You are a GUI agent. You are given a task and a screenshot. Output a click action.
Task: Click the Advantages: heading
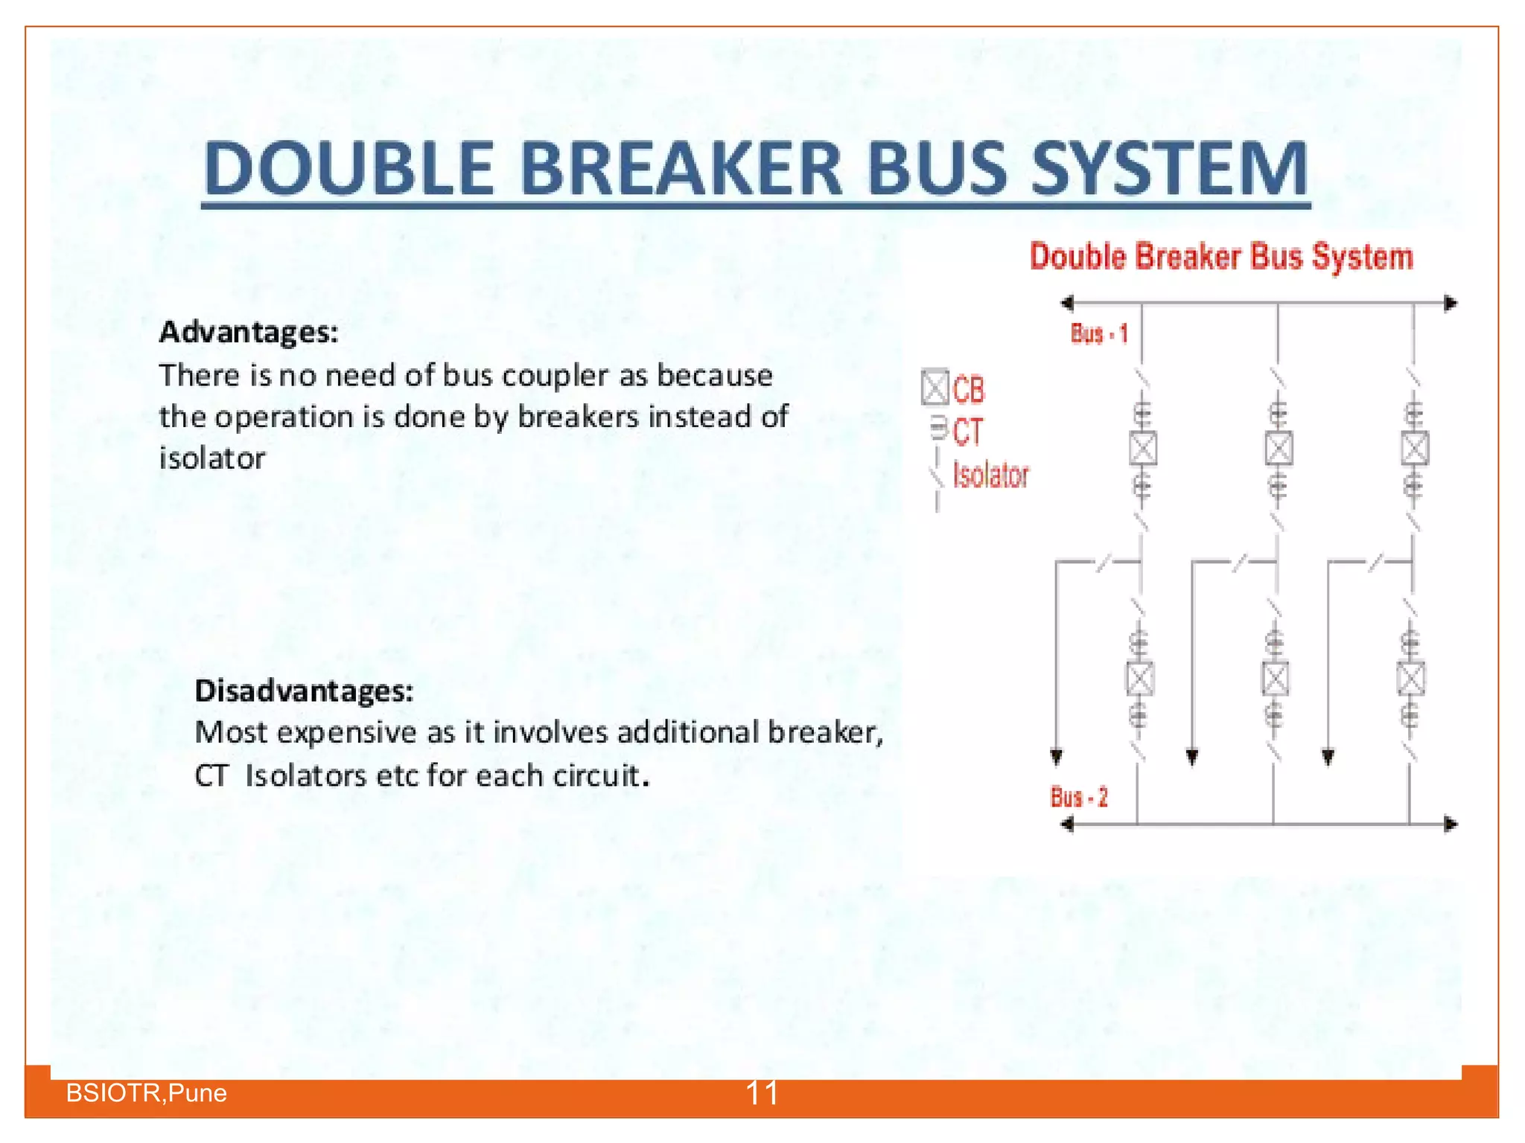pyautogui.click(x=249, y=332)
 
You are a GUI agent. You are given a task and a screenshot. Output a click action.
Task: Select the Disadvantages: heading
pyautogui.click(x=304, y=691)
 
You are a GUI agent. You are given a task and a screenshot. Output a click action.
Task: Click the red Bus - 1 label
pyautogui.click(x=1099, y=333)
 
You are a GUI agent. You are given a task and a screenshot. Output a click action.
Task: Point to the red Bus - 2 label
pyautogui.click(x=1079, y=798)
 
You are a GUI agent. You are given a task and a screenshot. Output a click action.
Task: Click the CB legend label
pyautogui.click(x=969, y=390)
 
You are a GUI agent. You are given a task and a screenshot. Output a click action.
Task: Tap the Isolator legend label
pyautogui.click(x=991, y=476)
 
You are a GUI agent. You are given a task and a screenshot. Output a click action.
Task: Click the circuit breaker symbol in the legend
pyautogui.click(x=935, y=387)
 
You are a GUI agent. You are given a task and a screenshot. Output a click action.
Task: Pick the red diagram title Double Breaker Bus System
pyautogui.click(x=1221, y=257)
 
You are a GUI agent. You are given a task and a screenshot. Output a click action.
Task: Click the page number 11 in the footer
pyautogui.click(x=762, y=1093)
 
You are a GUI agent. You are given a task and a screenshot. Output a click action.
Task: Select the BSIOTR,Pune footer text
pyautogui.click(x=147, y=1093)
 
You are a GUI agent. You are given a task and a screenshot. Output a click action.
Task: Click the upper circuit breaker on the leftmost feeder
pyautogui.click(x=1143, y=449)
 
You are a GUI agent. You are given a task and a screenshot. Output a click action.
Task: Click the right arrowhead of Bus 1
pyautogui.click(x=1450, y=304)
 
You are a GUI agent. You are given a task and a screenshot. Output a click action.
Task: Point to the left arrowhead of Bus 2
pyautogui.click(x=1067, y=825)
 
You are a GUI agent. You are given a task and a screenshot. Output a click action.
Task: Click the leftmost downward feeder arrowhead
pyautogui.click(x=1057, y=758)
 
